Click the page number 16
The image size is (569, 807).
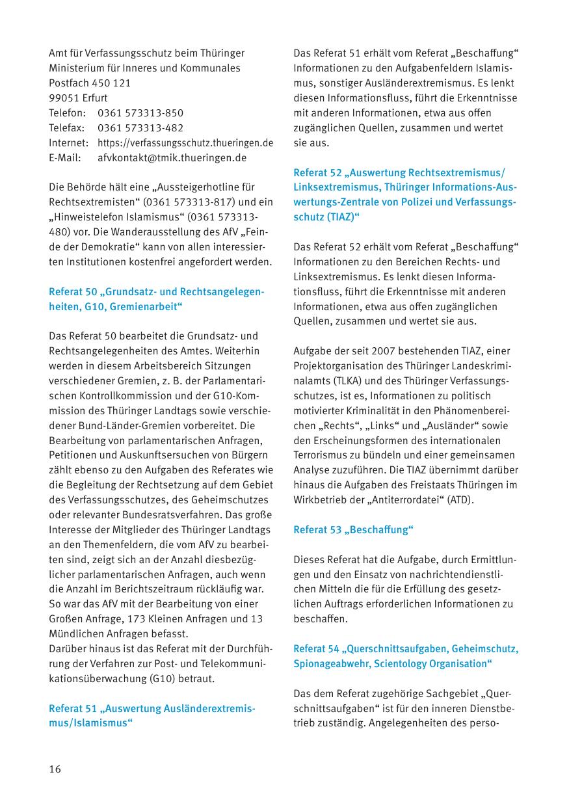coord(55,769)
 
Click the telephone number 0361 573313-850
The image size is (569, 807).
coord(140,113)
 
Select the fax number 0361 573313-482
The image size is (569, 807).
coord(140,128)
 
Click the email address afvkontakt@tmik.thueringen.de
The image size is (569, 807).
coord(172,158)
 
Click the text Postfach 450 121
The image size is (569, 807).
coord(90,83)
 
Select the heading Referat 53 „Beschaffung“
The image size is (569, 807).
coord(353,530)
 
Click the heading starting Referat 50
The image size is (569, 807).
coord(156,298)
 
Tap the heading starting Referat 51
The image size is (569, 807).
coord(152,715)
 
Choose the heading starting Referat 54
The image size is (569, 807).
coord(406,656)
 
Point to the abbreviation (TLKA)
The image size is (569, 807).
coord(352,381)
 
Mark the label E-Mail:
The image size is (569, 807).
coord(65,158)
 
